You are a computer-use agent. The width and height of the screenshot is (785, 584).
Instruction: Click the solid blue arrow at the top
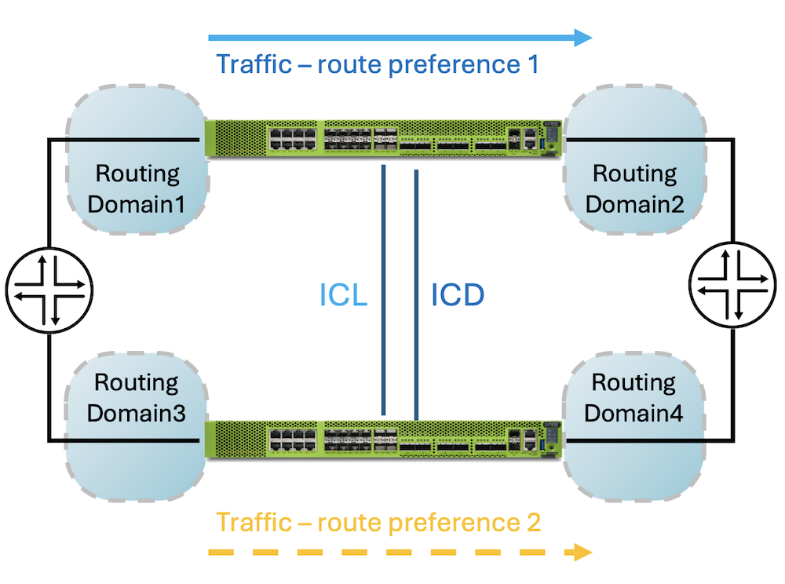[392, 36]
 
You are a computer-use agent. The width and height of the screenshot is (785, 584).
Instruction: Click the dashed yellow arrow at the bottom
[392, 553]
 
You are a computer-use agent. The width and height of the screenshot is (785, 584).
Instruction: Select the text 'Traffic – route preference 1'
[377, 64]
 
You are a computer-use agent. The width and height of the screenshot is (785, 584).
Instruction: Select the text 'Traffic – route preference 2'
[378, 522]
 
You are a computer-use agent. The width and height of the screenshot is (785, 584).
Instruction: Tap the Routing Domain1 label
[137, 188]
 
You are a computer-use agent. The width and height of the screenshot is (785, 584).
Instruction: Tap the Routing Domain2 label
[634, 188]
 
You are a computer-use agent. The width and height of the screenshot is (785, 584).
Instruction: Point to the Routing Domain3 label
[137, 398]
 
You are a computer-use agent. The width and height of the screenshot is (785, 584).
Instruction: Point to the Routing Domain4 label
[633, 398]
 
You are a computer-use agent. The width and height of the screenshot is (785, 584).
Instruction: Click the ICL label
[343, 295]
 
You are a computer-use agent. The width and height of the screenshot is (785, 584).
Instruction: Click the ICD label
[458, 295]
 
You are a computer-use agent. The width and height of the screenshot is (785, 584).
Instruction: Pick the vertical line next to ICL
[383, 290]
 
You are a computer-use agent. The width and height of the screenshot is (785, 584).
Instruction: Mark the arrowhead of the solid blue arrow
[582, 36]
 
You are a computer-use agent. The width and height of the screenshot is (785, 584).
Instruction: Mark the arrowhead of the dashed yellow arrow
[582, 553]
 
